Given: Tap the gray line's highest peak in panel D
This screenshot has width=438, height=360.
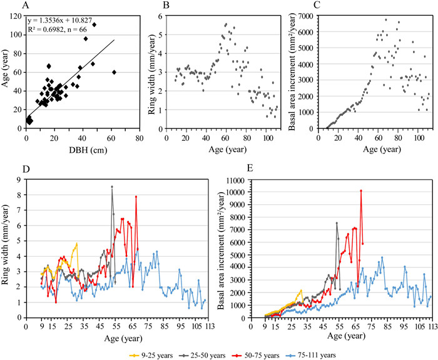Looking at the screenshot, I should [112, 186].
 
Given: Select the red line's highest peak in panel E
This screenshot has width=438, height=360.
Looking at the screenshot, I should [360, 190].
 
